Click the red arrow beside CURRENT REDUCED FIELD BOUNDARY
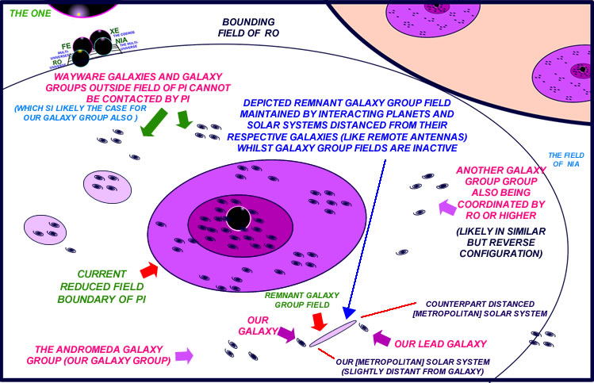149,270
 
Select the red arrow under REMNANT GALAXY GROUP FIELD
319,321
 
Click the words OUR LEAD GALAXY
430,344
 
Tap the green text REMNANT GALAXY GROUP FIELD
293,301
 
